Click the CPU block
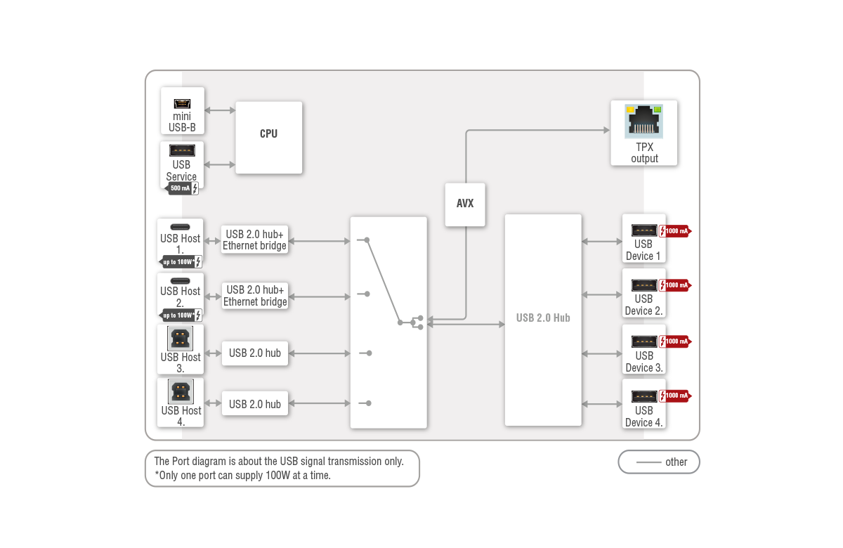pyautogui.click(x=268, y=137)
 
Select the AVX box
pyautogui.click(x=464, y=204)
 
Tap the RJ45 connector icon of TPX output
pyautogui.click(x=643, y=121)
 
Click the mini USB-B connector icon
pyautogui.click(x=182, y=103)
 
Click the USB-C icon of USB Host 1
pyautogui.click(x=180, y=228)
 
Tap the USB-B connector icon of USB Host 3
pyautogui.click(x=181, y=339)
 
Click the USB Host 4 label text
pyautogui.click(x=181, y=416)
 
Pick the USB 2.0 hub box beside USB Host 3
pyautogui.click(x=254, y=353)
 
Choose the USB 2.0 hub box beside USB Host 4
pyautogui.click(x=254, y=404)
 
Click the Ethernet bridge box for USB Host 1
pyautogui.click(x=254, y=240)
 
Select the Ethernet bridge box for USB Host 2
pyautogui.click(x=254, y=296)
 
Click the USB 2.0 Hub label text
pyautogui.click(x=543, y=318)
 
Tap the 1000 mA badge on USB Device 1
pyautogui.click(x=676, y=230)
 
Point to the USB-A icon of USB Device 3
pyautogui.click(x=644, y=341)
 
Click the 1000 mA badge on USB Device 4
pyautogui.click(x=676, y=396)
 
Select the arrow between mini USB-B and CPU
pyautogui.click(x=220, y=111)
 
